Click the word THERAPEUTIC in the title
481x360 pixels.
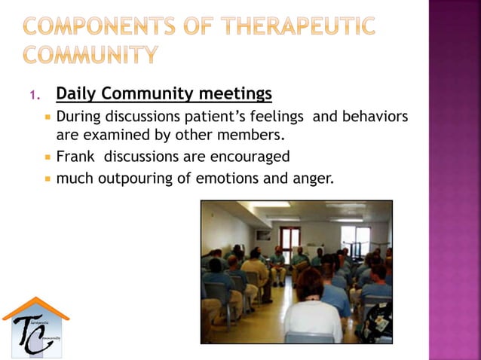299,26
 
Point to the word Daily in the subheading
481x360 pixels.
76,94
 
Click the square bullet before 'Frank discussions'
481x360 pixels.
47,157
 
